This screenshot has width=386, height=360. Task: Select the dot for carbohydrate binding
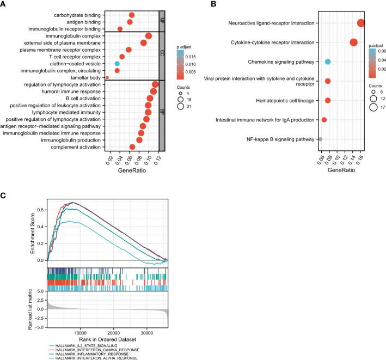coord(132,15)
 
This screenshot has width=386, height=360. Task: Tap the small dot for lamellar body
coord(107,77)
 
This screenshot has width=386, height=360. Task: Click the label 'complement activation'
coord(75,147)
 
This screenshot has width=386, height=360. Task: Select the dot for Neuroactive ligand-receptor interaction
coord(361,23)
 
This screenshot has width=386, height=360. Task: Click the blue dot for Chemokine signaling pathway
coord(328,62)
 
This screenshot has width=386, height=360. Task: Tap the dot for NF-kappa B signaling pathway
coord(321,139)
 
